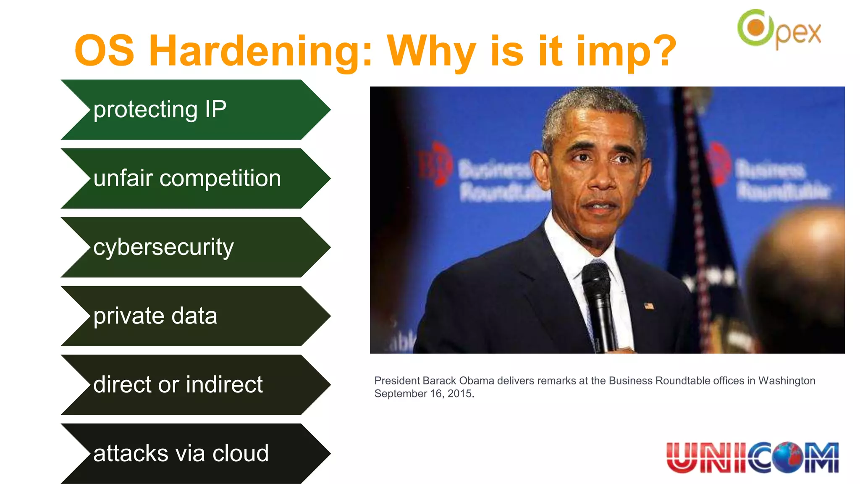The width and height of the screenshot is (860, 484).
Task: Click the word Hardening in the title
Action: (260, 51)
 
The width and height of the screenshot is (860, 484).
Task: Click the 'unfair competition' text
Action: (187, 178)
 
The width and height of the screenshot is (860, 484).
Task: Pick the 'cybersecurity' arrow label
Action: (163, 247)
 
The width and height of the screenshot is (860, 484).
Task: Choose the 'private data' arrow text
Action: (155, 316)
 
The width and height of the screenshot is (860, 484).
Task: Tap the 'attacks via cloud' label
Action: (181, 453)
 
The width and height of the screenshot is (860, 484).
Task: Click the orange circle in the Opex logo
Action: (756, 28)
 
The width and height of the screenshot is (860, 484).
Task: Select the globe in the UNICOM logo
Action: (788, 458)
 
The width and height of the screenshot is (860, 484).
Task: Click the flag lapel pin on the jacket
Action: (649, 306)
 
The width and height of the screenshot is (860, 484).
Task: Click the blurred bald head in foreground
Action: (798, 269)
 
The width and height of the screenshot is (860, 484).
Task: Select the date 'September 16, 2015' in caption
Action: (424, 394)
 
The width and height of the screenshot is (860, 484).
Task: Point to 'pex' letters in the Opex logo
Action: (798, 34)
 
